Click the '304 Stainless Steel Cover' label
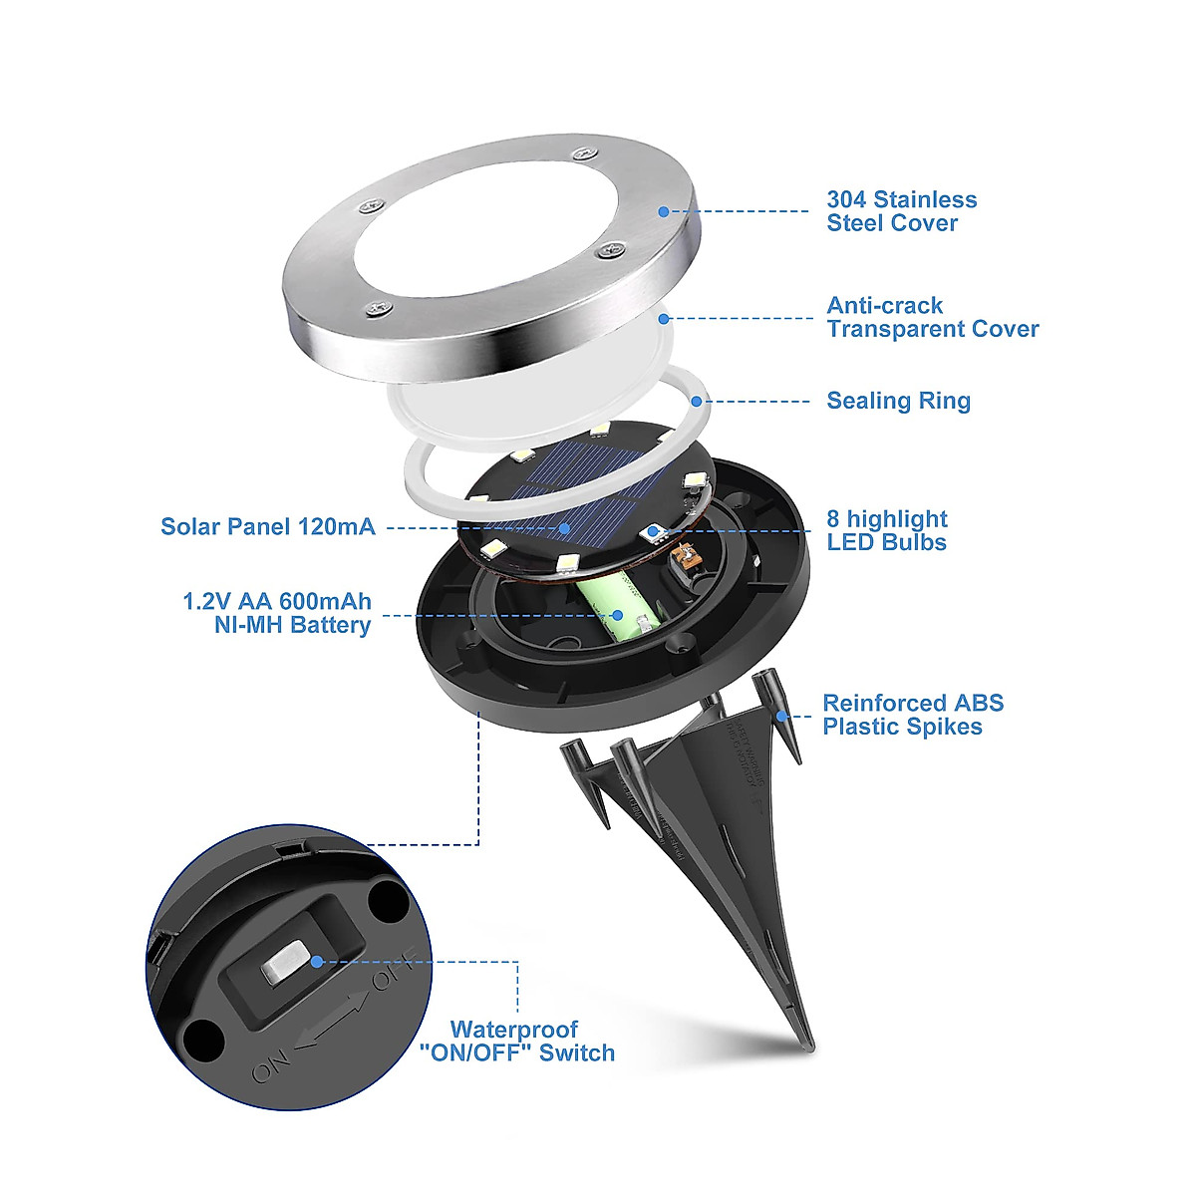coord(901,211)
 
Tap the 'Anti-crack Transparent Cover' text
coord(932,317)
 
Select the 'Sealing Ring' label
coord(898,401)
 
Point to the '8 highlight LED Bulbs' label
coord(886,530)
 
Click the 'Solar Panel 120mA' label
coord(268,526)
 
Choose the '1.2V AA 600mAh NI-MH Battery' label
coord(277,613)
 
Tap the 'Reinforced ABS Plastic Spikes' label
coord(912,715)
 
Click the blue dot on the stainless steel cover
coord(663,211)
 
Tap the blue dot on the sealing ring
coord(696,401)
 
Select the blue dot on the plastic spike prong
coord(783,715)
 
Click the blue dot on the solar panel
coord(565,527)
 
